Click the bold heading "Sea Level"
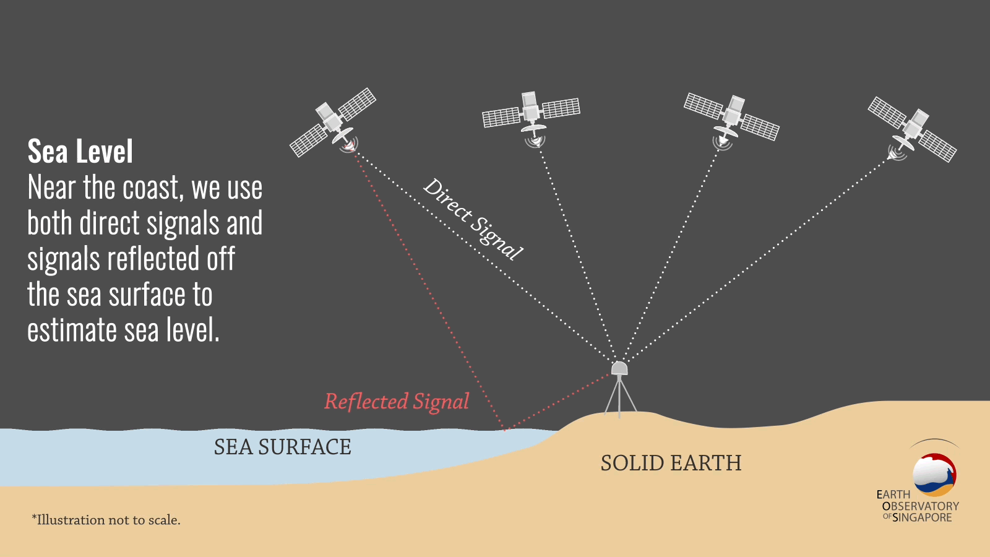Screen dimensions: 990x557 80,151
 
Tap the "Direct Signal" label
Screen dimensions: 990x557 473,219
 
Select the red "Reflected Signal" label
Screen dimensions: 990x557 397,402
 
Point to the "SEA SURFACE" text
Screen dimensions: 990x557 282,446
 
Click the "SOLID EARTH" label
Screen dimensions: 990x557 671,463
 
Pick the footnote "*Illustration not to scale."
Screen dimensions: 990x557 106,520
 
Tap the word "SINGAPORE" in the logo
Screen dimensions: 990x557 922,517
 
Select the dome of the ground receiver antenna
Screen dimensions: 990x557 619,368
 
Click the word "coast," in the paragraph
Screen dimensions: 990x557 153,188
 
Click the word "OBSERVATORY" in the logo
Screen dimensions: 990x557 921,506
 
